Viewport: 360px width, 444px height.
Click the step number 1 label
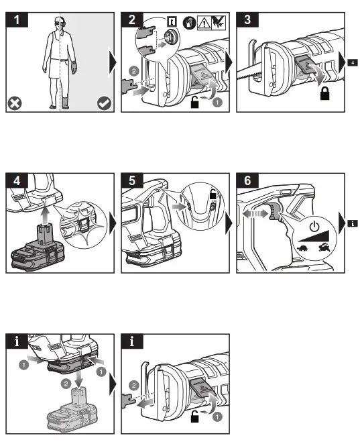[17, 20]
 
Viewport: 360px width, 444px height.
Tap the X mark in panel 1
[15, 103]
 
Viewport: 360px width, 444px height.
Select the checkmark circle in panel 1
[104, 103]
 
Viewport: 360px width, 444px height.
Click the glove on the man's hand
[74, 67]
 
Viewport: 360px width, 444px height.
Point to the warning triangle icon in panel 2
[204, 23]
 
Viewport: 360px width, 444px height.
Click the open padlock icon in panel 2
[194, 102]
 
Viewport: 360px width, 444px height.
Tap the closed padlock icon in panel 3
[325, 93]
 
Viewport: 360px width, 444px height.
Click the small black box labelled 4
[353, 62]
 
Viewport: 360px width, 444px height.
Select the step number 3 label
[247, 20]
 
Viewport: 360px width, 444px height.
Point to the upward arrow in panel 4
[44, 216]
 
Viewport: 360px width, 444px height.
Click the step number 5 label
[132, 180]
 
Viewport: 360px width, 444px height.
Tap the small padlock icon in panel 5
[213, 195]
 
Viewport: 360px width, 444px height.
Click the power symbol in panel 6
[314, 227]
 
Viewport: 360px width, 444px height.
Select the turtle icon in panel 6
[304, 248]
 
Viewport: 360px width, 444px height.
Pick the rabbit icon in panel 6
[324, 247]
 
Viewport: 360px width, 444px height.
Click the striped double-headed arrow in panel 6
[255, 213]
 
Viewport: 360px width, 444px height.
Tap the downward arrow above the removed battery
[78, 375]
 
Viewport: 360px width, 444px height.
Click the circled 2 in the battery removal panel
[66, 384]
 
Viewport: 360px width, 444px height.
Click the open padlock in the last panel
[194, 417]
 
